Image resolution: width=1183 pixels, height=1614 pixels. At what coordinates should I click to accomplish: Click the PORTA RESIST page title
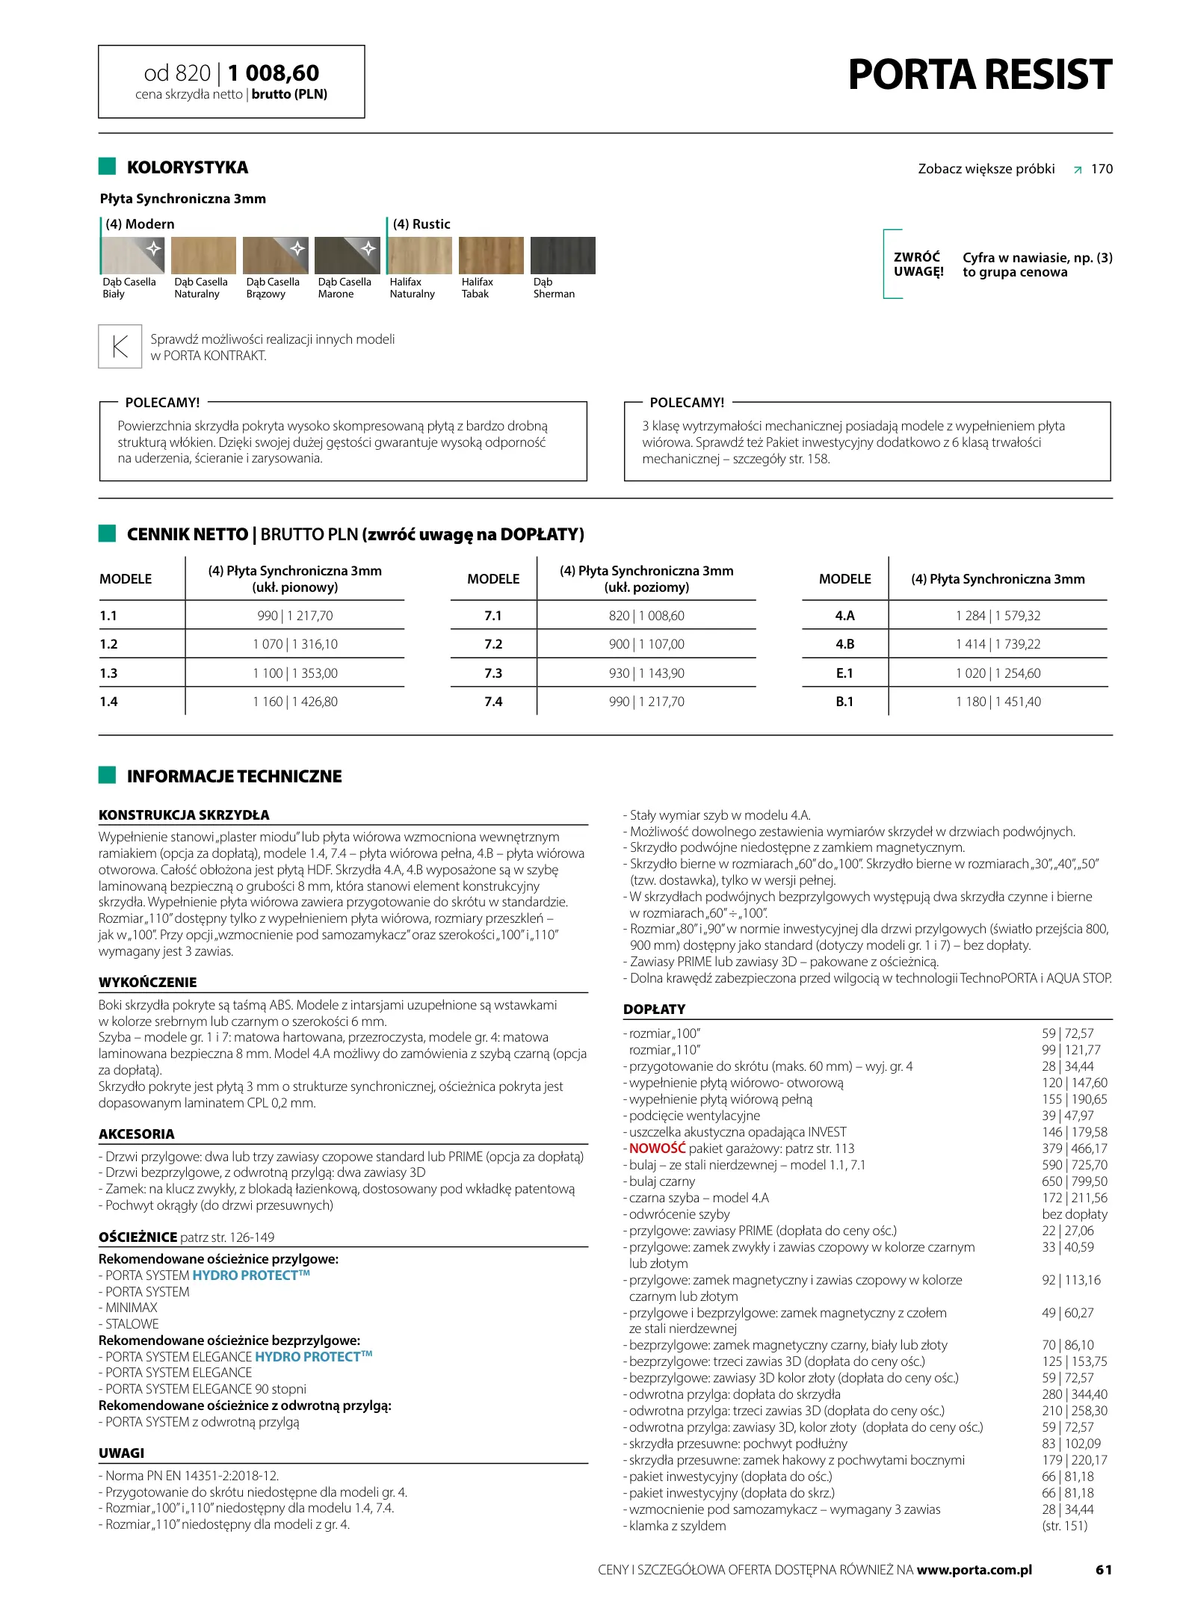pos(979,75)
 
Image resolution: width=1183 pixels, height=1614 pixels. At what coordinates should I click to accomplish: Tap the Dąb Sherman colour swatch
pos(562,256)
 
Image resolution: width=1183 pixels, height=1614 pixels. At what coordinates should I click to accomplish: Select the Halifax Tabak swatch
pos(490,256)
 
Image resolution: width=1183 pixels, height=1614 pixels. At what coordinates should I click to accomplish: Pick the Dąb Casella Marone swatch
pos(347,256)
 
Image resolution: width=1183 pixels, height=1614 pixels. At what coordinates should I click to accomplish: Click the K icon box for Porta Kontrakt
pos(120,347)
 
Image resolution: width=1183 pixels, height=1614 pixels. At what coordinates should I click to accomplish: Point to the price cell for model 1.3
pos(294,673)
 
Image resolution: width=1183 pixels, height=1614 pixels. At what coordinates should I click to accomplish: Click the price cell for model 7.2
pos(646,644)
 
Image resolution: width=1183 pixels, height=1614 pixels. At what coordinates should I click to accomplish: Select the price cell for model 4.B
pos(998,644)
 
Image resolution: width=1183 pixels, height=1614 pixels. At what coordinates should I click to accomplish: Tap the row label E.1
pos(844,673)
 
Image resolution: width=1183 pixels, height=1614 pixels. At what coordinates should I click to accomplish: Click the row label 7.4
pos(493,702)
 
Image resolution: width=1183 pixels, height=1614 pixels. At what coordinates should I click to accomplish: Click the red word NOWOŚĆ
pos(657,1148)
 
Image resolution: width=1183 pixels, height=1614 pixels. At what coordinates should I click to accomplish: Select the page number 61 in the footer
pos(1104,1569)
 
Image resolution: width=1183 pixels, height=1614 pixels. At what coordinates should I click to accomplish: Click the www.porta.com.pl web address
pos(974,1569)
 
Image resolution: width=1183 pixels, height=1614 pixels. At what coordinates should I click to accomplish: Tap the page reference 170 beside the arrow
pos(1102,169)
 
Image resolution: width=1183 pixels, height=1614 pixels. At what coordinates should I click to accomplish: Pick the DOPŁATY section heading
pos(654,1009)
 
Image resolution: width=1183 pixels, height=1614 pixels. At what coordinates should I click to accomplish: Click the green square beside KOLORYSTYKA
pos(107,167)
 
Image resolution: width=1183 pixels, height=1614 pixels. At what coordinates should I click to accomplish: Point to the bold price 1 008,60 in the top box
pos(274,73)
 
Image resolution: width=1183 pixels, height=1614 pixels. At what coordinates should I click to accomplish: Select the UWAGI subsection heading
pos(121,1453)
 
